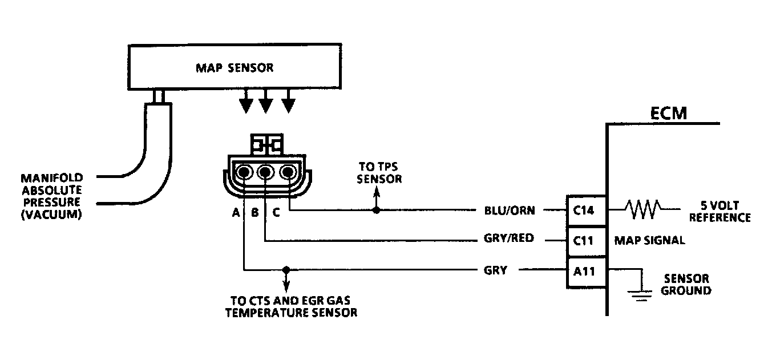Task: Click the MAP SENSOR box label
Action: tap(235, 68)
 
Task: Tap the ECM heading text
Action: tap(668, 114)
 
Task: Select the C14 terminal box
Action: tap(584, 211)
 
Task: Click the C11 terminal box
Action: tap(584, 240)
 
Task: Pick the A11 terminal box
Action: tap(584, 271)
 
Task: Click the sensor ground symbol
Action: tap(641, 293)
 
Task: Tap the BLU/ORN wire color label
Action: tap(509, 211)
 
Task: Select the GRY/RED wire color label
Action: tap(509, 238)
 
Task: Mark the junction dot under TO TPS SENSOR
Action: tap(375, 211)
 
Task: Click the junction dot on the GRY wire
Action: tap(286, 269)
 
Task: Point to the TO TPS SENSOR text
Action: tap(379, 172)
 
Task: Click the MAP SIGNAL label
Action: tap(649, 240)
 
